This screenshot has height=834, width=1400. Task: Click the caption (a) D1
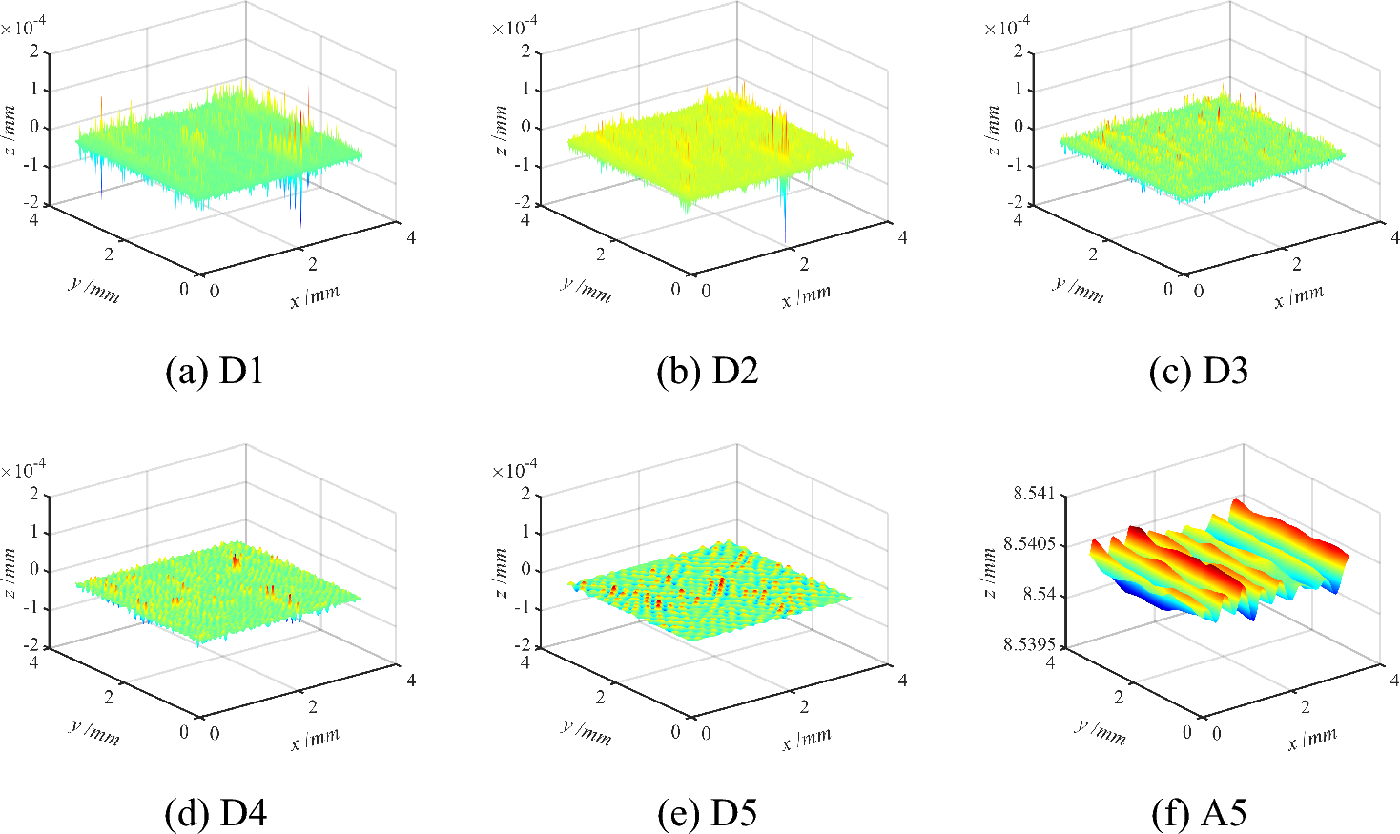[x=215, y=371]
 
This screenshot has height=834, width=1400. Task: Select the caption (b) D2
[x=707, y=371]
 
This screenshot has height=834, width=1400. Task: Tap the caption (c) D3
[x=1198, y=371]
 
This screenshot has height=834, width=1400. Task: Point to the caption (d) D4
[x=215, y=813]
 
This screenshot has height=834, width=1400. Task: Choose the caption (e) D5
[x=707, y=813]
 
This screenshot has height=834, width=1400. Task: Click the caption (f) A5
[x=1198, y=813]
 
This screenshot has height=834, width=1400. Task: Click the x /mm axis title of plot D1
[x=316, y=296]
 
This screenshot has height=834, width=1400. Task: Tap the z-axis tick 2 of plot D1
[x=34, y=51]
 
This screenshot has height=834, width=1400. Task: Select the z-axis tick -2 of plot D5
[x=524, y=647]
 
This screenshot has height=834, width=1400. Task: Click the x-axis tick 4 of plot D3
[x=1394, y=237]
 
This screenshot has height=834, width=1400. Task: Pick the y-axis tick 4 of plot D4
[x=34, y=661]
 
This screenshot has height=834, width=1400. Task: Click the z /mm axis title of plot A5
[x=990, y=572]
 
